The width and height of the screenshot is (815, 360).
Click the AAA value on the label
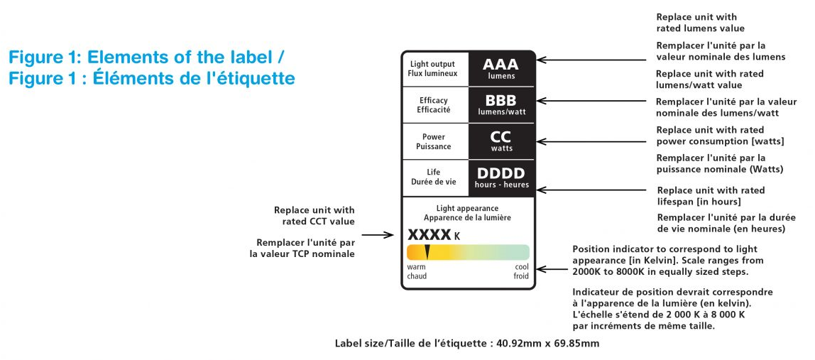(501, 65)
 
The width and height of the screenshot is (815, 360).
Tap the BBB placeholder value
(501, 101)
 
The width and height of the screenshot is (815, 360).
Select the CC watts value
(501, 137)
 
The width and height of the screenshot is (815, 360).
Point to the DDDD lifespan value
(501, 173)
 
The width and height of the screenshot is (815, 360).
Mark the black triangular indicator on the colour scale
(427, 251)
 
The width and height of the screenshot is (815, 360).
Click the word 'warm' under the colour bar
(416, 267)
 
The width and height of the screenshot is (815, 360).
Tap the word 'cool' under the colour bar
(522, 267)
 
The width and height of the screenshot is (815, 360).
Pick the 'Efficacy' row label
(434, 100)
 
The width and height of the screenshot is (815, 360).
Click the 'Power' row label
(434, 137)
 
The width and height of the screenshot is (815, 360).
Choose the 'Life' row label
(434, 172)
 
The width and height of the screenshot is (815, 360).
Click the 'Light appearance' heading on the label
(467, 208)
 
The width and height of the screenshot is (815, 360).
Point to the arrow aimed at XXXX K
(382, 235)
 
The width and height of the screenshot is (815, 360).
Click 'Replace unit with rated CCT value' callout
(314, 216)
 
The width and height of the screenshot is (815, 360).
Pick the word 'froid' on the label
(521, 276)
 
